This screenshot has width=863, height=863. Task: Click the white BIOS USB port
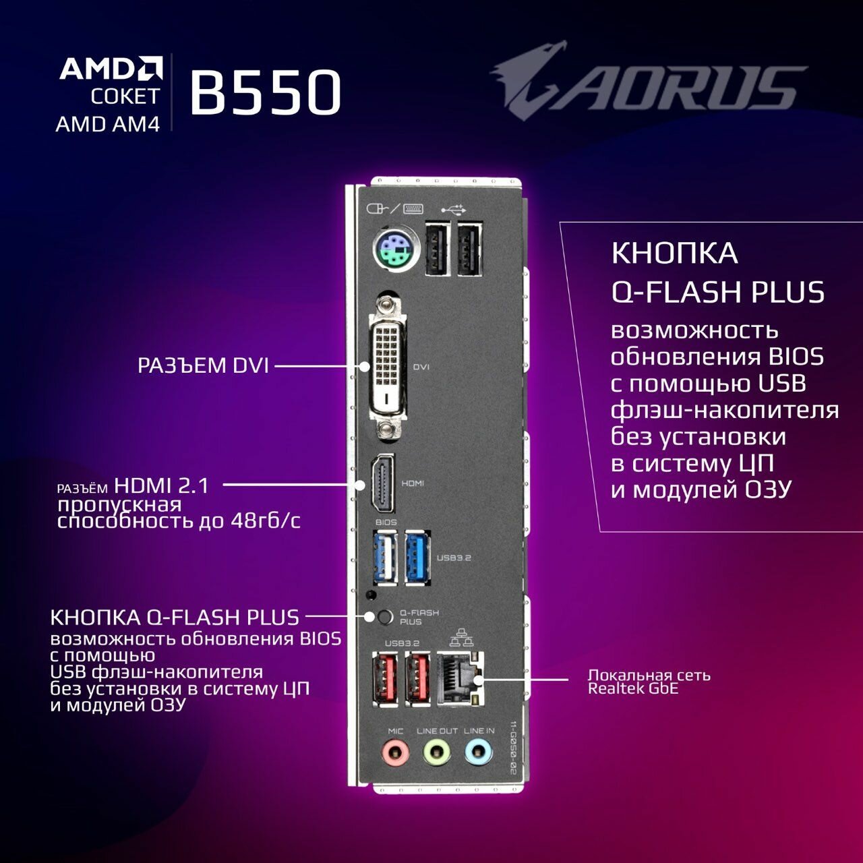(x=384, y=558)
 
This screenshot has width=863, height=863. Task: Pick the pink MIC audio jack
(x=395, y=752)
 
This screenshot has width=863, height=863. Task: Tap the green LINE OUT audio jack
(x=437, y=752)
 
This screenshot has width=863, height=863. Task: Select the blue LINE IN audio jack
(x=478, y=752)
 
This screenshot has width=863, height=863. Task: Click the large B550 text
(x=265, y=92)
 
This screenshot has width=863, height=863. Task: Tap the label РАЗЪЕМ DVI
(x=203, y=365)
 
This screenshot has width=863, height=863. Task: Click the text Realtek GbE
(x=632, y=689)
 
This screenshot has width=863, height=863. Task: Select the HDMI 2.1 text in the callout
(x=162, y=485)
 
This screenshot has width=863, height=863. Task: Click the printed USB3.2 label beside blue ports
(x=454, y=558)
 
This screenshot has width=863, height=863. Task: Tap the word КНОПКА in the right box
(x=674, y=254)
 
